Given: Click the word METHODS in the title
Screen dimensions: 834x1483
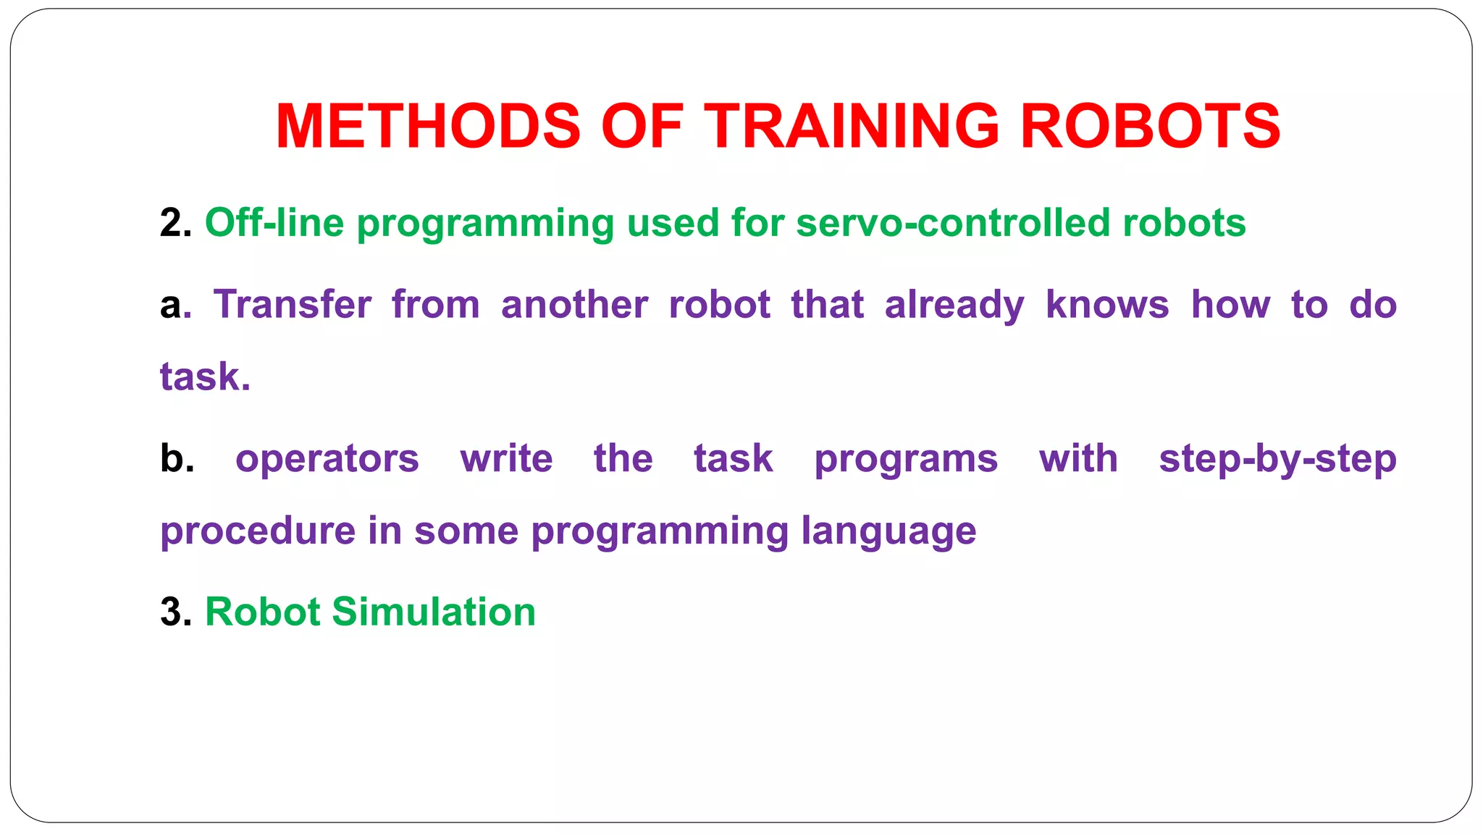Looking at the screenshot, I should click(x=428, y=127).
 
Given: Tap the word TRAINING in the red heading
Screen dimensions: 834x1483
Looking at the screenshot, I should click(x=852, y=127).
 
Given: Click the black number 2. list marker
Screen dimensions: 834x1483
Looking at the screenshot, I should click(x=175, y=223).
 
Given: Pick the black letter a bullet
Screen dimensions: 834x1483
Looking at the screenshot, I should click(x=171, y=306).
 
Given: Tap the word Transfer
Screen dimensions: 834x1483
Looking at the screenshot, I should click(x=292, y=304).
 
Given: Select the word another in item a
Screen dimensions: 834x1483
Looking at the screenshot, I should click(x=574, y=304).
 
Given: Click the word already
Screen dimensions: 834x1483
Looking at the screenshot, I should click(x=954, y=306).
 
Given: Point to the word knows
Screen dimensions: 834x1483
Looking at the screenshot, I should click(x=1107, y=304).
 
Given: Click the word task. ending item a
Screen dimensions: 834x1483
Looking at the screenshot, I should click(x=205, y=377).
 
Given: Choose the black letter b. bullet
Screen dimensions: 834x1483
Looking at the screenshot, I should click(x=177, y=458).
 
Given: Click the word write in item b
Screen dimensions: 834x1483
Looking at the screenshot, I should click(x=506, y=458).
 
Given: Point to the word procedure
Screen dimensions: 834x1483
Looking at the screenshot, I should click(x=257, y=531).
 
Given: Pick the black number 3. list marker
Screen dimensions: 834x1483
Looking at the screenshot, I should click(x=175, y=612).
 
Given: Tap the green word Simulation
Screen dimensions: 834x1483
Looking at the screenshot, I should click(x=433, y=612).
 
